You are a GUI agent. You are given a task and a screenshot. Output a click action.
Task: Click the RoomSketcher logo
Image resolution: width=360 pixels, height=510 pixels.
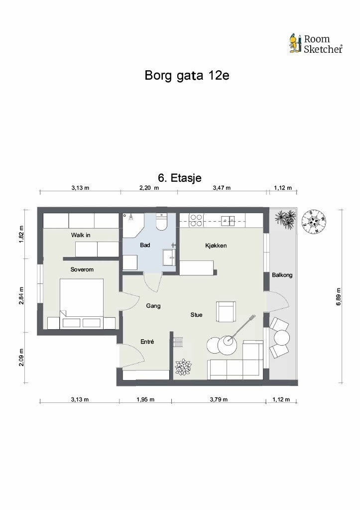(316, 44)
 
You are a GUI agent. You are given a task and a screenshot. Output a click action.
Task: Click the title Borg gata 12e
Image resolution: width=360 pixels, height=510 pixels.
(187, 76)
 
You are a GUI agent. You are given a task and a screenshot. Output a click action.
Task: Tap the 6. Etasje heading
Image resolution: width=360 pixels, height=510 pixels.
(180, 178)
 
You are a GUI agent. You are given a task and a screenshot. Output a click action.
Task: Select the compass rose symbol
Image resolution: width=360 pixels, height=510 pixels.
(314, 222)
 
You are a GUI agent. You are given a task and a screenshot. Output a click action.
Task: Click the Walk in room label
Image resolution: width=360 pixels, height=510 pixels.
(81, 235)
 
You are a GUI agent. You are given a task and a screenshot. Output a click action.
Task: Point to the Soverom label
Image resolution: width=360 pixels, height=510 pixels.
(82, 269)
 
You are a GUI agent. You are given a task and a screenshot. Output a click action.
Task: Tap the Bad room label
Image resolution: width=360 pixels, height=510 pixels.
(145, 245)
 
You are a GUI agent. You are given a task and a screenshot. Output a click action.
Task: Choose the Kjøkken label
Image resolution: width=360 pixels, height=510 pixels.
(216, 246)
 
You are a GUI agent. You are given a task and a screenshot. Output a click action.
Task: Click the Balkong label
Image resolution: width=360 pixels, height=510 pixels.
(282, 275)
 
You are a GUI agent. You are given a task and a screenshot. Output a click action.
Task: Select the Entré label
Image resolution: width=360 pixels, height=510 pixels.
(147, 342)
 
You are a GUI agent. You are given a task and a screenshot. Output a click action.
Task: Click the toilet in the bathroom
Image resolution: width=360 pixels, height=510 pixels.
(162, 222)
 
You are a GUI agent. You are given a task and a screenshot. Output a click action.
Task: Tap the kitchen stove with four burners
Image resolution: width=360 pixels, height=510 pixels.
(196, 220)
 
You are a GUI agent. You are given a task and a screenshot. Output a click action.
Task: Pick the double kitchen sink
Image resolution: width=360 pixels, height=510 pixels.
(228, 221)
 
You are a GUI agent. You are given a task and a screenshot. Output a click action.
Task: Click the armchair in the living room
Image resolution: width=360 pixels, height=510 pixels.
(226, 311)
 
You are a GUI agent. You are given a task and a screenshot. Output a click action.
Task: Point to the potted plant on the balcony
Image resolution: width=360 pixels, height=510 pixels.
(285, 219)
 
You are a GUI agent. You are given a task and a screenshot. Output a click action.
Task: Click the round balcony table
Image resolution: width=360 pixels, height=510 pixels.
(282, 338)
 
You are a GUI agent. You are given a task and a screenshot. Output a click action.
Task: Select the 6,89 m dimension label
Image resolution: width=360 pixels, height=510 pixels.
(339, 296)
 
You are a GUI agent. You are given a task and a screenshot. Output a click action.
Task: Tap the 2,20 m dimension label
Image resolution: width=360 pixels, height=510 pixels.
(149, 188)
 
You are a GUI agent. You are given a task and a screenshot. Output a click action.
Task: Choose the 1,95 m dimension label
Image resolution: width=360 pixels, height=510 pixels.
(145, 399)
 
